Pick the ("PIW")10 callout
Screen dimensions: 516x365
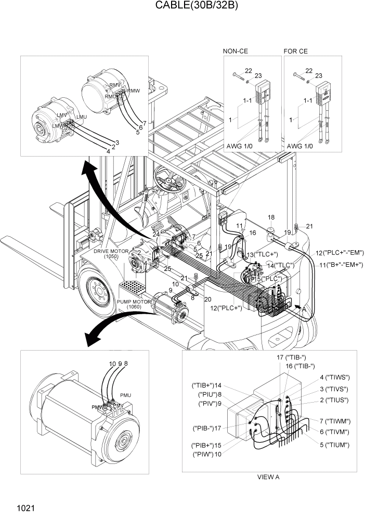point(207,454)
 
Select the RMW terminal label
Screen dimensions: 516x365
point(133,91)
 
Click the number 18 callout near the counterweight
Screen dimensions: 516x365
point(270,216)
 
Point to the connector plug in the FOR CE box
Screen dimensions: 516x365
point(324,94)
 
